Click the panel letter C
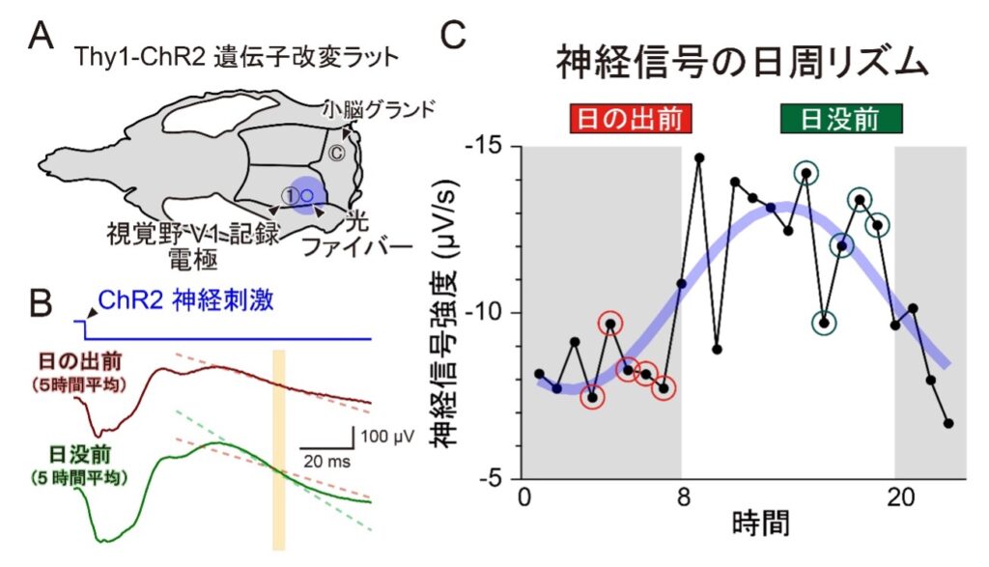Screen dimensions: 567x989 (x=454, y=36)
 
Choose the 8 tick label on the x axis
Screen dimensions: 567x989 (x=682, y=498)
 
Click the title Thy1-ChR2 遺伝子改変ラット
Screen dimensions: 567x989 (x=236, y=55)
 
